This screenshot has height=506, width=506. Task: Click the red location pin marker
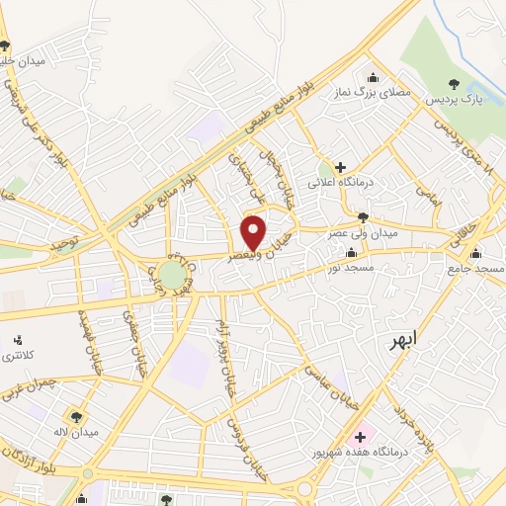(x=254, y=232)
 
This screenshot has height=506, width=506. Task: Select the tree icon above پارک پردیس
(x=454, y=85)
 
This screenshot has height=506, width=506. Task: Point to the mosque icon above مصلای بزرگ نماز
(x=373, y=77)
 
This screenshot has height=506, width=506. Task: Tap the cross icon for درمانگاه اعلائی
(x=340, y=168)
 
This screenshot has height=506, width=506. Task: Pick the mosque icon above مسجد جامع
(x=475, y=252)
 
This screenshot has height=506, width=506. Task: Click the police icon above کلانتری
(x=15, y=339)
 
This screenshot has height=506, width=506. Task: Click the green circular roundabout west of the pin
(x=173, y=274)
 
